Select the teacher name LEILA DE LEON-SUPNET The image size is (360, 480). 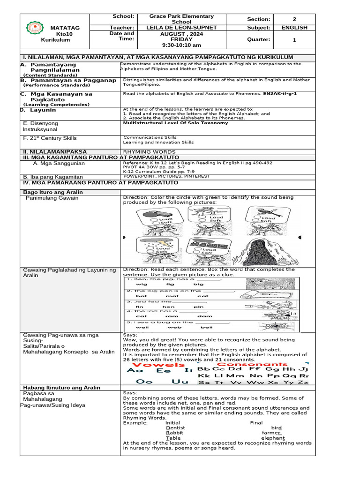181,28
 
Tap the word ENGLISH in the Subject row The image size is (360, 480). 294,28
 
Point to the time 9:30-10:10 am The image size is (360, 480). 181,45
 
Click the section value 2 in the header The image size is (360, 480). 294,19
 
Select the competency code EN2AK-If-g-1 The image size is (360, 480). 280,94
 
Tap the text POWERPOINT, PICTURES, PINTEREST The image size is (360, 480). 166,176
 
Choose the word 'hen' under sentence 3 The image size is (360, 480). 168,307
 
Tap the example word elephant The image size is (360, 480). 272,438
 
